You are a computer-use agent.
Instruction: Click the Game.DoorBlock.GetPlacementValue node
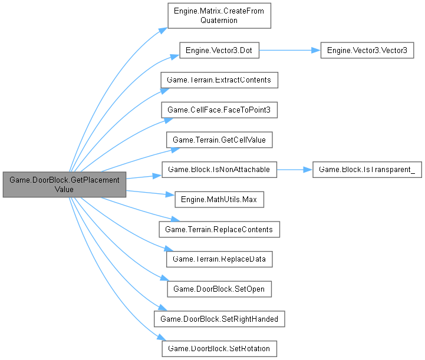(64, 184)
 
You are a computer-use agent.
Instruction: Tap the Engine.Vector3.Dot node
(219, 51)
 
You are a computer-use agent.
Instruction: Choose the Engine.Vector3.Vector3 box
(367, 51)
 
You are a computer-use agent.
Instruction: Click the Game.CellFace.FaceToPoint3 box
(219, 110)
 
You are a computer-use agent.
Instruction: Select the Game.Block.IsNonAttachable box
(219, 170)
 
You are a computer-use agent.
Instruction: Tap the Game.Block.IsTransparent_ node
(367, 170)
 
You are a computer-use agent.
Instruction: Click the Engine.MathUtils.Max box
(219, 200)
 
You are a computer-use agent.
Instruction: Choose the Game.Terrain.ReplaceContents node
(219, 229)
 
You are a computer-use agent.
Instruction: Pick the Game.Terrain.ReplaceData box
(219, 259)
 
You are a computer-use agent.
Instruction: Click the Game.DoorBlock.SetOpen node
(219, 289)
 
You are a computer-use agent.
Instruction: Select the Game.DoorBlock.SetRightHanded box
(219, 319)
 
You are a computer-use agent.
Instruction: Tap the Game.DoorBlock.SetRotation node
(219, 348)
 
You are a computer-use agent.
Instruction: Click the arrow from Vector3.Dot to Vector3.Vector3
(289, 51)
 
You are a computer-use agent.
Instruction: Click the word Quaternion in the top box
(219, 21)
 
